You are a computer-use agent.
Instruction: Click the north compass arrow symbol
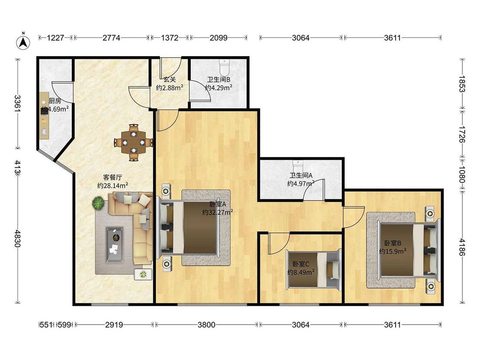click(23, 42)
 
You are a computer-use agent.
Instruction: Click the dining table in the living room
click(134, 142)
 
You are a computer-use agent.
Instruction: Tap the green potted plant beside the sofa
click(99, 203)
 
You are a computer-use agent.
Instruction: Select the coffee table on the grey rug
click(115, 244)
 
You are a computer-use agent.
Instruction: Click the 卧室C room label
click(301, 264)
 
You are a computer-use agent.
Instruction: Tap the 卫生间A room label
click(301, 175)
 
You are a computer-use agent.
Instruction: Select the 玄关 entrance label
click(169, 79)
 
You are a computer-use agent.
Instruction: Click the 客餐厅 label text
click(113, 177)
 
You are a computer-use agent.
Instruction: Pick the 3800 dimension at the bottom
click(207, 325)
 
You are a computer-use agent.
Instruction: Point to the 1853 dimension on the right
click(462, 84)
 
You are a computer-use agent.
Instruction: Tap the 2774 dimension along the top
click(111, 38)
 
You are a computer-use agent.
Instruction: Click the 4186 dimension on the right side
click(462, 247)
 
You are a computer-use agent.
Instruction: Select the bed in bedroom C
click(314, 270)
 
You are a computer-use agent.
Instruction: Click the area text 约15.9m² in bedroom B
click(393, 251)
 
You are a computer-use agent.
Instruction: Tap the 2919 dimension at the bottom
click(114, 325)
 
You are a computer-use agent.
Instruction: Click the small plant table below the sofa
click(143, 274)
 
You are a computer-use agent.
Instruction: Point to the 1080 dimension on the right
click(462, 174)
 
